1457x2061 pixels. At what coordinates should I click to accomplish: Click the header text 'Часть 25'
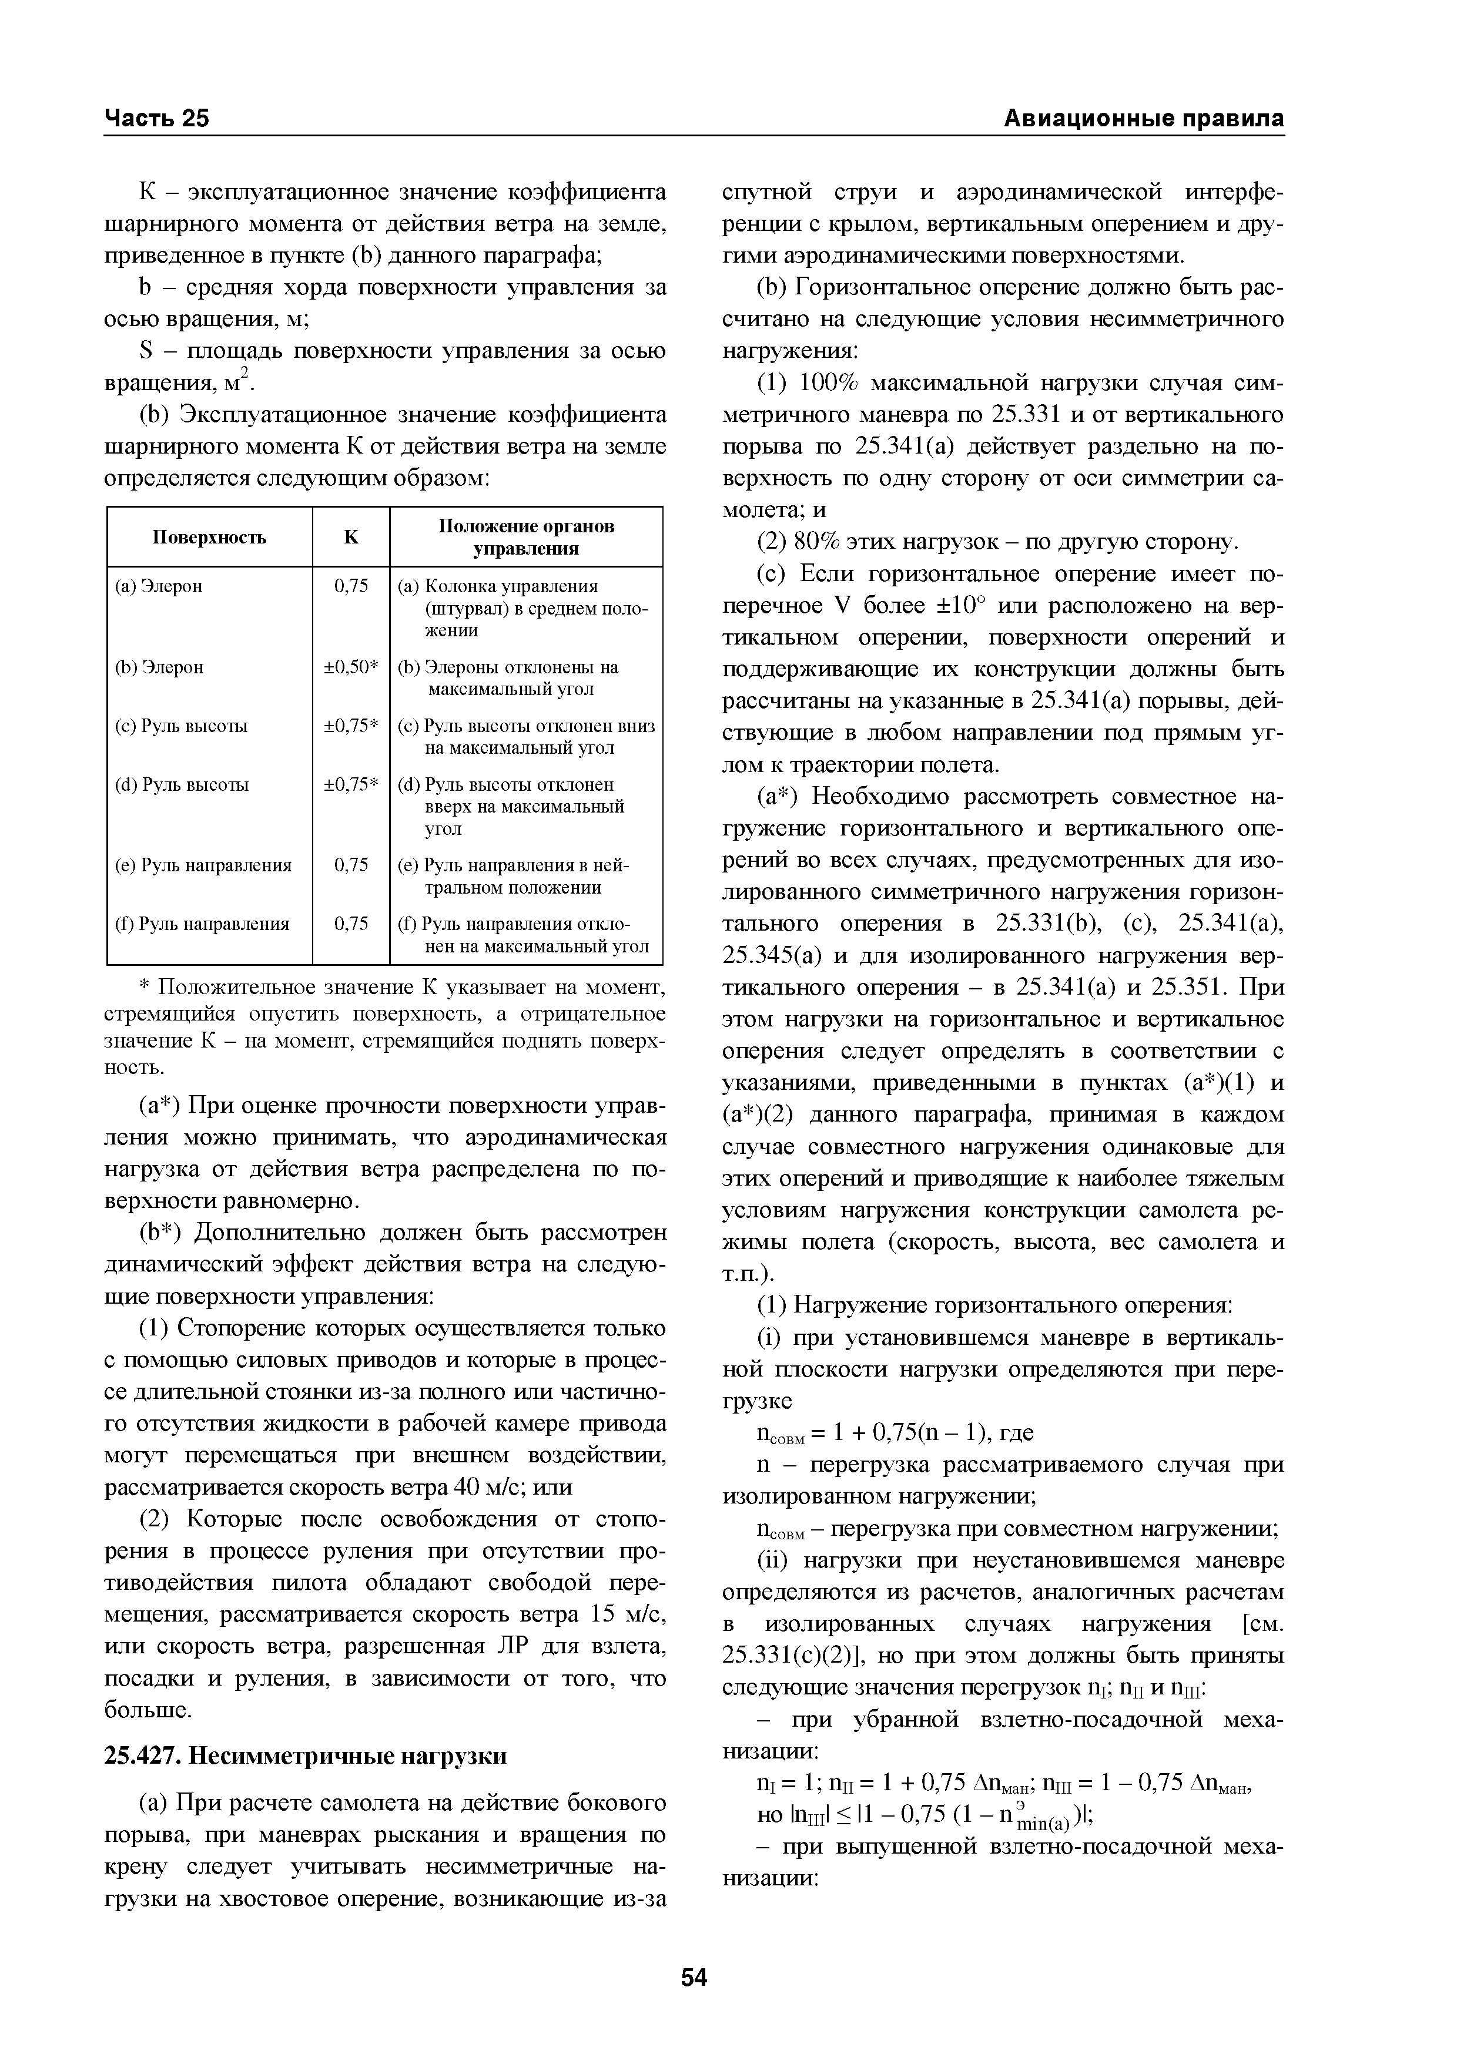pyautogui.click(x=157, y=119)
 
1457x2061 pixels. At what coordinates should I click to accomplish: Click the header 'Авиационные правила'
pyautogui.click(x=1143, y=119)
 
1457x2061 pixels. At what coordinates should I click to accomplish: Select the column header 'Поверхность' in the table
pyautogui.click(x=209, y=537)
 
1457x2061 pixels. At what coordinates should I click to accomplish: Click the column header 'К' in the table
pyautogui.click(x=351, y=537)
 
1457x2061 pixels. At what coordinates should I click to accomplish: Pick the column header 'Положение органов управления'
pyautogui.click(x=526, y=537)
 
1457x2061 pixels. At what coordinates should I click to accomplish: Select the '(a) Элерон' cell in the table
pyautogui.click(x=160, y=586)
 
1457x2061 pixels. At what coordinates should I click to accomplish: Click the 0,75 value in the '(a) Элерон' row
pyautogui.click(x=351, y=586)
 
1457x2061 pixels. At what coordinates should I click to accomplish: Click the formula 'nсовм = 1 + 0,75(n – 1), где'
pyautogui.click(x=896, y=1432)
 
